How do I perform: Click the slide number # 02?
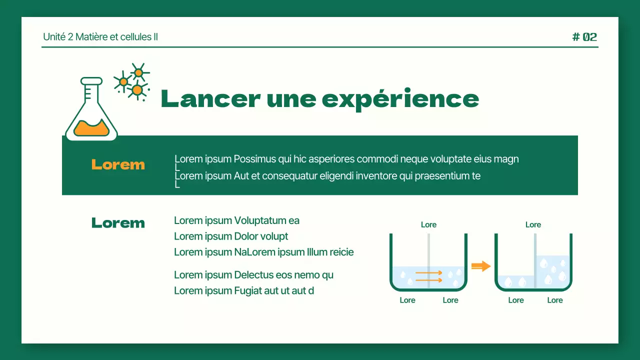(584, 37)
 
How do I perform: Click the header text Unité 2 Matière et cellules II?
(100, 37)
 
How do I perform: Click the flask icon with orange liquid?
(91, 111)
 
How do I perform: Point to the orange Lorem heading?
(118, 164)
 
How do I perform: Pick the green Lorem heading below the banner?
(118, 223)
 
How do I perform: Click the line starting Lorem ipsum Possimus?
(346, 159)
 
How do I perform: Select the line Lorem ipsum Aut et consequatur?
(327, 176)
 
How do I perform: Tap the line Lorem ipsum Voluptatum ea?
(236, 220)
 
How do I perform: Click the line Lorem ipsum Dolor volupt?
(231, 236)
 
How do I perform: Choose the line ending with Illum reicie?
(263, 252)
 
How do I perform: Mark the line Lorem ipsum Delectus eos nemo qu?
(253, 275)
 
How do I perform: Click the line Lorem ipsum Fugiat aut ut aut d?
(244, 291)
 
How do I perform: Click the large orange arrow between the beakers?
(481, 266)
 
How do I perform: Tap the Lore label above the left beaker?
(428, 225)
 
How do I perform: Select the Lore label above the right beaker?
(533, 225)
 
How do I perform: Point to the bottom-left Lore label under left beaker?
(407, 300)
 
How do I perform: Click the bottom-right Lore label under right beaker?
(555, 300)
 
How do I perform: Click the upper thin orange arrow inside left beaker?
(428, 273)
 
